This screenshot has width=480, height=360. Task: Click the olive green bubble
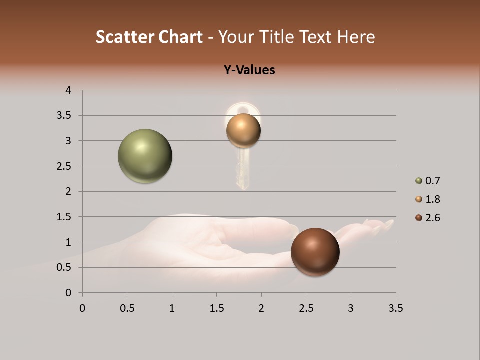pos(145,156)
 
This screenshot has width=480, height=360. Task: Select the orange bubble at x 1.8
pos(243,131)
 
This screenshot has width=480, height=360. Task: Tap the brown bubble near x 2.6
pos(315,252)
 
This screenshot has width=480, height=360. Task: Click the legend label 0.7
pos(432,181)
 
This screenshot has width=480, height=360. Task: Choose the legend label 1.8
pos(432,199)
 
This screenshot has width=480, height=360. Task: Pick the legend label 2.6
pos(432,218)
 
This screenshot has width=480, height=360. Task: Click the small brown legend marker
pos(419,218)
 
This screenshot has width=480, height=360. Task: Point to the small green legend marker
pos(419,181)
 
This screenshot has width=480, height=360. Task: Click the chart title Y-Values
pos(249,70)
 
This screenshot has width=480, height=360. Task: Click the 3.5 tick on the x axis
pos(395,308)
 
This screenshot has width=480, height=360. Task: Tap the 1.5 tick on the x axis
pos(216,308)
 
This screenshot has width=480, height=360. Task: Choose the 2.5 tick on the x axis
pos(306,308)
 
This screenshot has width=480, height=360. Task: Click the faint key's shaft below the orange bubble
pos(243,170)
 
